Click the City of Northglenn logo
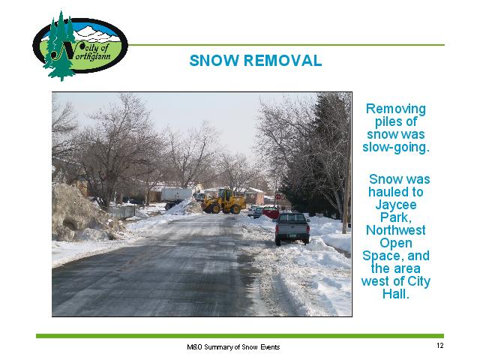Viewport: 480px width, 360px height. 80,46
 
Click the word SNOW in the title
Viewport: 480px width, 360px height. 214,60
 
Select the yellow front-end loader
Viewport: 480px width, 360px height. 223,201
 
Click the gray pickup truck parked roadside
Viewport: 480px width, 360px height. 292,228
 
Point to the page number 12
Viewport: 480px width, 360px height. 440,346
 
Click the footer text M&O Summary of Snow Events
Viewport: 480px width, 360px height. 233,347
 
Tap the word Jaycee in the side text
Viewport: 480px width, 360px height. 396,205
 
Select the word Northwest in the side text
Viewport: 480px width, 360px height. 396,230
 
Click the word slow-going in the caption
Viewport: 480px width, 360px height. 396,147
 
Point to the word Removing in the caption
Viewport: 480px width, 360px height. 396,109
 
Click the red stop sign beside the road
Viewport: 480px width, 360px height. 278,196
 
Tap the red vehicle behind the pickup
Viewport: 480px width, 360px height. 271,212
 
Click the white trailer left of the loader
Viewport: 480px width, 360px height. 176,195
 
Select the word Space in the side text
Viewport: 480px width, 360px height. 380,256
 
